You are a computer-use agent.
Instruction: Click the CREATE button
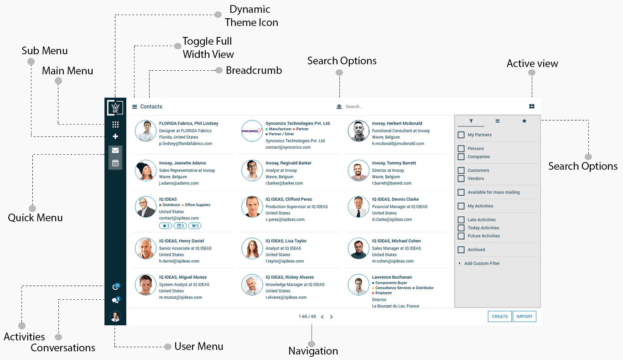point(500,316)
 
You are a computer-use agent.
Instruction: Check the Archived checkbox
point(461,250)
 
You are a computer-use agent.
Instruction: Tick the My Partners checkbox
point(461,135)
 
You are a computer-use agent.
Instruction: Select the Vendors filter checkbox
point(461,178)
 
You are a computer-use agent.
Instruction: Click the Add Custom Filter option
point(482,263)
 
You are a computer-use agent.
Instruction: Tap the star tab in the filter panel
point(524,121)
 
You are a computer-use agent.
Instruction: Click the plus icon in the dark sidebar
point(115,136)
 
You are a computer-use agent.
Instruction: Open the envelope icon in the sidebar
point(115,150)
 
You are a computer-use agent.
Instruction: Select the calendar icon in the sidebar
point(115,163)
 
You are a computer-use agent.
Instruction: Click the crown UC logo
point(115,108)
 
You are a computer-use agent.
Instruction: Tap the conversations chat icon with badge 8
point(115,301)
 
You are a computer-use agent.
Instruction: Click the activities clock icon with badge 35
point(115,287)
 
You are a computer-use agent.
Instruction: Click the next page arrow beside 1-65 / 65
point(332,317)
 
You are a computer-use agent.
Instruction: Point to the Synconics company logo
point(252,131)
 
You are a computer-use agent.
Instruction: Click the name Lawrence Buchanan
point(392,277)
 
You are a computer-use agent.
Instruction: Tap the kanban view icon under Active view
point(532,106)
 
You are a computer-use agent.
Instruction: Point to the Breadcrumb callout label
point(254,70)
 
